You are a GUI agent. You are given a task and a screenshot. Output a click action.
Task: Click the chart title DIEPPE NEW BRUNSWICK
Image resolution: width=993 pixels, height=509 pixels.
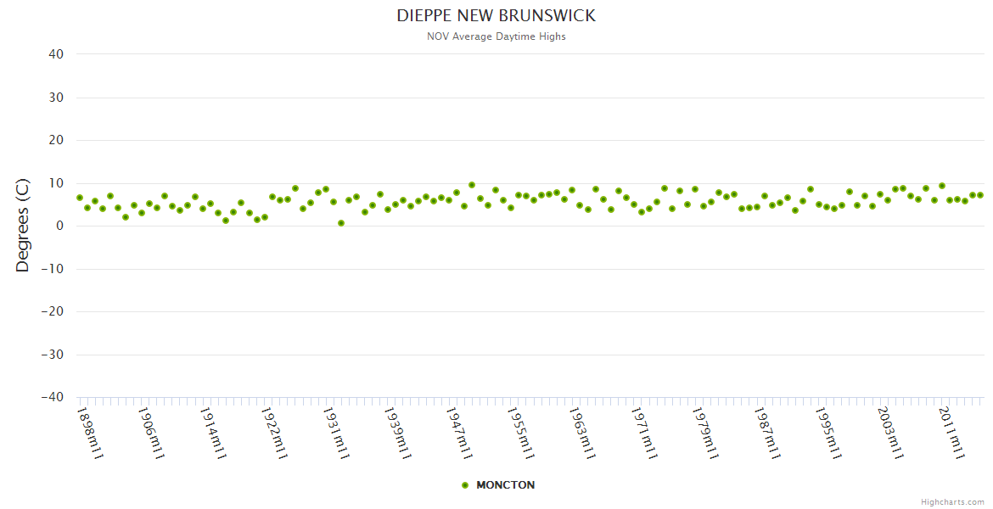[x=496, y=16]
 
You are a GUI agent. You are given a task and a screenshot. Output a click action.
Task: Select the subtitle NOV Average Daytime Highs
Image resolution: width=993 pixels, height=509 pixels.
[x=496, y=36]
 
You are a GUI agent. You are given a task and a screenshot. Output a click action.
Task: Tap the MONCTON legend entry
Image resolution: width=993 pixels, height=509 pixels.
[x=505, y=485]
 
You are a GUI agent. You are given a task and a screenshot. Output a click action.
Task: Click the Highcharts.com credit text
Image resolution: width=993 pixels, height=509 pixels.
[x=952, y=501]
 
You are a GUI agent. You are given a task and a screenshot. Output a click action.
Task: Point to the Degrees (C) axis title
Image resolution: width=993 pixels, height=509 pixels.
[x=23, y=225]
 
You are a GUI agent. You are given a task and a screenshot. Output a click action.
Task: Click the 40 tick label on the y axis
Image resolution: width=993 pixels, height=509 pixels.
[x=56, y=54]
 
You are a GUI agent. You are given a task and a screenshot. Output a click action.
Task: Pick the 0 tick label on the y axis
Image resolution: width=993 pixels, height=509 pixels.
[x=59, y=226]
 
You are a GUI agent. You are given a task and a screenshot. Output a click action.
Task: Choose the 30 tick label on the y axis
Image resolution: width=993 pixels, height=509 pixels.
[x=56, y=98]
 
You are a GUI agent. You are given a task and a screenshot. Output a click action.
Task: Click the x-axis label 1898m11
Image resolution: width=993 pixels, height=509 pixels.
[x=90, y=433]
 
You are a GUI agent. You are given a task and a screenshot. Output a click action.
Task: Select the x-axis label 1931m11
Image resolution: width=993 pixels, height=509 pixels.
[x=336, y=433]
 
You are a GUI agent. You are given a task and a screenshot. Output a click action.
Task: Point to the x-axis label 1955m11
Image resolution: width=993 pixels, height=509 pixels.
[x=520, y=433]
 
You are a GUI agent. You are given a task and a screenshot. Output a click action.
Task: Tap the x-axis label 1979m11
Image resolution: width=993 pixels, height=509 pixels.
[x=705, y=433]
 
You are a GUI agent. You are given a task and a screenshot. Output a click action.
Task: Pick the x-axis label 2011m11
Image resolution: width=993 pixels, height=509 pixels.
[x=951, y=433]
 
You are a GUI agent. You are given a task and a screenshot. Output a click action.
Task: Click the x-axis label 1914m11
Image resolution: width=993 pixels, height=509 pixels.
[x=213, y=433]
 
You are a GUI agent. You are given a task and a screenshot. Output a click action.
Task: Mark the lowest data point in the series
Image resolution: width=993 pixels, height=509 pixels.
[x=341, y=223]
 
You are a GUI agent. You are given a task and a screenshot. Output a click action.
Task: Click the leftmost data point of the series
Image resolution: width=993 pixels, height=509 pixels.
[x=80, y=198]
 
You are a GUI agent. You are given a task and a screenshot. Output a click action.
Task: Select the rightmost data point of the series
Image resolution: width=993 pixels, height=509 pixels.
[x=980, y=195]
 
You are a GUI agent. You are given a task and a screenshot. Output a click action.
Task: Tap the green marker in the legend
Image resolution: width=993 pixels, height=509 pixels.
[x=464, y=485]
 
